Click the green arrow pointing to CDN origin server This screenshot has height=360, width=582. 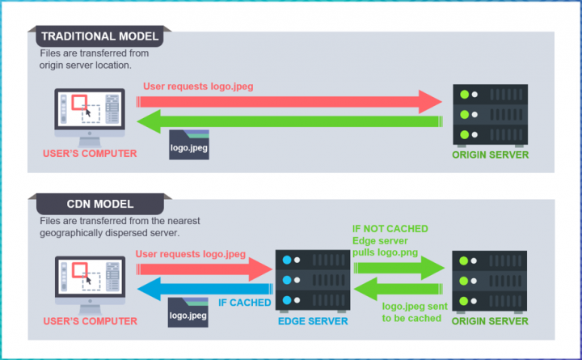click(x=396, y=267)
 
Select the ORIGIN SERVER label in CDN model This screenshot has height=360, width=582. click(x=489, y=320)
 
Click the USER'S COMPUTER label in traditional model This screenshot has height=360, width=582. click(x=89, y=153)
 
